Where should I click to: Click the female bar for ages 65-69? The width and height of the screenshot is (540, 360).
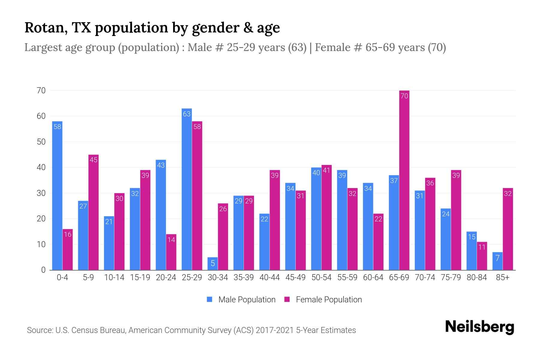pyautogui.click(x=404, y=180)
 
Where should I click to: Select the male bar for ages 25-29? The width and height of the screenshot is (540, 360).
pyautogui.click(x=187, y=189)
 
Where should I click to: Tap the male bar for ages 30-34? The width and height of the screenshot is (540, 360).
pyautogui.click(x=212, y=264)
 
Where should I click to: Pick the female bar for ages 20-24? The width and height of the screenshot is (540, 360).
pyautogui.click(x=171, y=252)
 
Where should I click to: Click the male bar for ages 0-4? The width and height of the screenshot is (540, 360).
pyautogui.click(x=57, y=195)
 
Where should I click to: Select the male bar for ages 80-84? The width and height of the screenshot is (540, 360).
pyautogui.click(x=472, y=251)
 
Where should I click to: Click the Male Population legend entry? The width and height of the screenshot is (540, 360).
pyautogui.click(x=241, y=299)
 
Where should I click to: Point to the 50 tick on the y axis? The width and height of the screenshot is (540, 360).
pyautogui.click(x=41, y=142)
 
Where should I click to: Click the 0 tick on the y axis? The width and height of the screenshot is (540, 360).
pyautogui.click(x=43, y=270)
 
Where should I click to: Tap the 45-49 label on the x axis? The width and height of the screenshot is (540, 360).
pyautogui.click(x=295, y=277)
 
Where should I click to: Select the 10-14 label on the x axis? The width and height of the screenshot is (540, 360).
pyautogui.click(x=114, y=277)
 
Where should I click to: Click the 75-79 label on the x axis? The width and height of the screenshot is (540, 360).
pyautogui.click(x=451, y=277)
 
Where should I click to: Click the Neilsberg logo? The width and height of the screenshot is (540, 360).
pyautogui.click(x=479, y=327)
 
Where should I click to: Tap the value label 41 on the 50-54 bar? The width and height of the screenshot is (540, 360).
pyautogui.click(x=326, y=170)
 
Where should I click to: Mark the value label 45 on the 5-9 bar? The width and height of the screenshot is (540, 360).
pyautogui.click(x=94, y=160)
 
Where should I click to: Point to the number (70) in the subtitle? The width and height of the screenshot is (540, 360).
pyautogui.click(x=436, y=47)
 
